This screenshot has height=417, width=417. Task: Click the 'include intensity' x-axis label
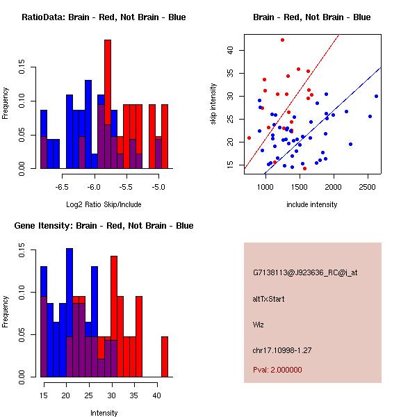(x=311, y=204)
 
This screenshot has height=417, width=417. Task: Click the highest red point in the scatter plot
(x=282, y=40)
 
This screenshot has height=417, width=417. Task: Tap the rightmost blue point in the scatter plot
(x=376, y=96)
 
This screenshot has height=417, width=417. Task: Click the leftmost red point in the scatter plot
(x=249, y=138)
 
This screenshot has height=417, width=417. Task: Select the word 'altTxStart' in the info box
(x=268, y=299)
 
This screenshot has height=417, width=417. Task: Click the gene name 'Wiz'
(x=259, y=324)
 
